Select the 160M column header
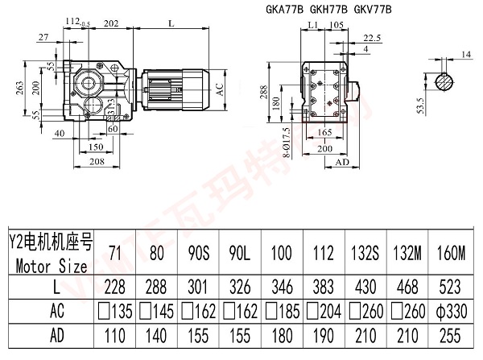451,253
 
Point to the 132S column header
364,253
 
